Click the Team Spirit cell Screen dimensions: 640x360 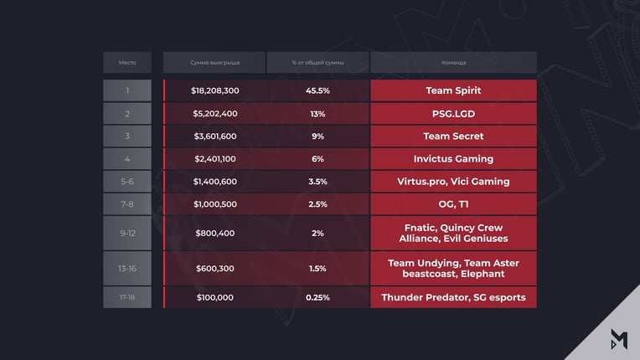(453, 90)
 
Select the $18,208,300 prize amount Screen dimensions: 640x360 (215, 90)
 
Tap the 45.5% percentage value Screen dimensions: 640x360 (317, 90)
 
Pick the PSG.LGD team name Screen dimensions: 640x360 (453, 114)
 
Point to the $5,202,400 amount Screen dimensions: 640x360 (215, 114)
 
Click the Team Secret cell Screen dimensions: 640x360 (453, 136)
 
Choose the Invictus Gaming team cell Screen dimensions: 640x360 (453, 158)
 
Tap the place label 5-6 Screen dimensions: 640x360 (127, 182)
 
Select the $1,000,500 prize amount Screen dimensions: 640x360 (215, 204)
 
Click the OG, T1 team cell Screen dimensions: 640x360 (453, 204)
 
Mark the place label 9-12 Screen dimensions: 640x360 (127, 234)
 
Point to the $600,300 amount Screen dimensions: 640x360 (215, 268)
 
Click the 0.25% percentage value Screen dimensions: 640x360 (317, 297)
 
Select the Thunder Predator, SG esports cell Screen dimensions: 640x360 (453, 297)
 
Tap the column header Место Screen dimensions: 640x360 (127, 63)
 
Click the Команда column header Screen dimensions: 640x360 (453, 63)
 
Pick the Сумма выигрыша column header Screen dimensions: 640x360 (214, 63)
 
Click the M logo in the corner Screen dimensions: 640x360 (619, 339)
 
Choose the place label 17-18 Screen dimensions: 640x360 (127, 297)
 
